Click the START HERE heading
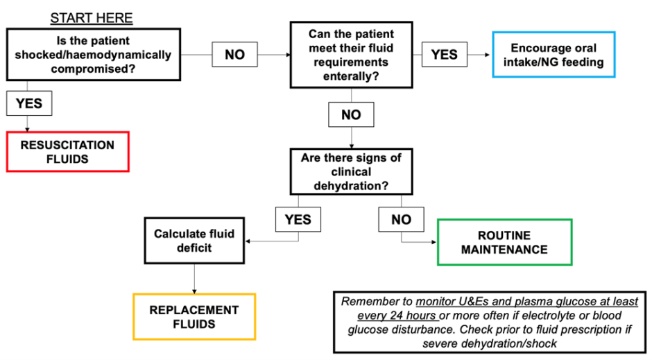click(x=92, y=18)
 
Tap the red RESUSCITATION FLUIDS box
click(x=67, y=152)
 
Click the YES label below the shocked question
click(x=28, y=103)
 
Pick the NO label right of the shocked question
click(x=234, y=54)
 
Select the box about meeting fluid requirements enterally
click(x=351, y=55)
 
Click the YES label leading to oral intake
click(x=444, y=54)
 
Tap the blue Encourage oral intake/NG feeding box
click(x=554, y=55)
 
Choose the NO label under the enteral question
click(x=351, y=115)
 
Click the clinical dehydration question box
click(x=351, y=172)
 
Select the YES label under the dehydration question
click(x=298, y=220)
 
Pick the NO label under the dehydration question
click(x=401, y=220)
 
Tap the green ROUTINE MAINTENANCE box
click(x=504, y=242)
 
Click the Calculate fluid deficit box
click(x=194, y=241)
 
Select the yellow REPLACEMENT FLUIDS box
click(x=194, y=316)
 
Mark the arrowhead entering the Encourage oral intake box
click(x=488, y=54)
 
